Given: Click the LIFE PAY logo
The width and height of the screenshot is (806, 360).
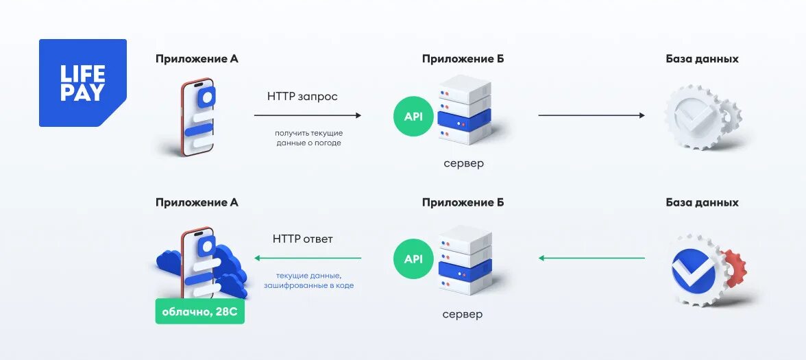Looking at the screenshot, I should (x=82, y=83).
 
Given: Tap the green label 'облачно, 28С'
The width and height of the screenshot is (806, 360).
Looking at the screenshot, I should (x=199, y=312).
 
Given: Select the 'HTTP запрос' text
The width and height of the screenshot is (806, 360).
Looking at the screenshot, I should (x=302, y=97).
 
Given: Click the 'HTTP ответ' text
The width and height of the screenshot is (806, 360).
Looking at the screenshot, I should (x=302, y=239).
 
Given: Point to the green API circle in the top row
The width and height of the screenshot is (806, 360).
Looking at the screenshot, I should (x=413, y=116).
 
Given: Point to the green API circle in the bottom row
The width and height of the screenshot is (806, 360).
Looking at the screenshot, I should (x=413, y=259).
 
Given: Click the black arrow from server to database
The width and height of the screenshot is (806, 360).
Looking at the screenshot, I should (x=591, y=115).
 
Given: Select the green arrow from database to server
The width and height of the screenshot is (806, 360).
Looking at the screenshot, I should (x=591, y=259).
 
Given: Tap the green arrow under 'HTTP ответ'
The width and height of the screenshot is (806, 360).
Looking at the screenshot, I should (x=308, y=259).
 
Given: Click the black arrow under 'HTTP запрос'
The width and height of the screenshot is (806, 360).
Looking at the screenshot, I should (x=308, y=115).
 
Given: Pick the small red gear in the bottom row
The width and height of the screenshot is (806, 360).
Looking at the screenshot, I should (x=735, y=267).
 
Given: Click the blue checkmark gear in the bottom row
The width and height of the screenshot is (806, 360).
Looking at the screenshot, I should (x=693, y=269).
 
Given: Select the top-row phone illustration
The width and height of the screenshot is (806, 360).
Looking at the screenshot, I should (x=197, y=117).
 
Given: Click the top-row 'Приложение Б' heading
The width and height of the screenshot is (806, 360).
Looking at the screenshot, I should (x=463, y=59).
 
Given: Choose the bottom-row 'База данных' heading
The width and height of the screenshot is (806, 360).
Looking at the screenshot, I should (x=702, y=202).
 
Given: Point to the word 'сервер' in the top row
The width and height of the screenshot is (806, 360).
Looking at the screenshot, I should (x=463, y=163).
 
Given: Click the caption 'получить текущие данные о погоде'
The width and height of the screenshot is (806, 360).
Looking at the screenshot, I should (x=308, y=138).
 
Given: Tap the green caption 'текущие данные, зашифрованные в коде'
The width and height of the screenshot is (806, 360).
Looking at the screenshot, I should (x=315, y=280).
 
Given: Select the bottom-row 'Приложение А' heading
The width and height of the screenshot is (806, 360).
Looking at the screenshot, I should (x=197, y=202).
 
